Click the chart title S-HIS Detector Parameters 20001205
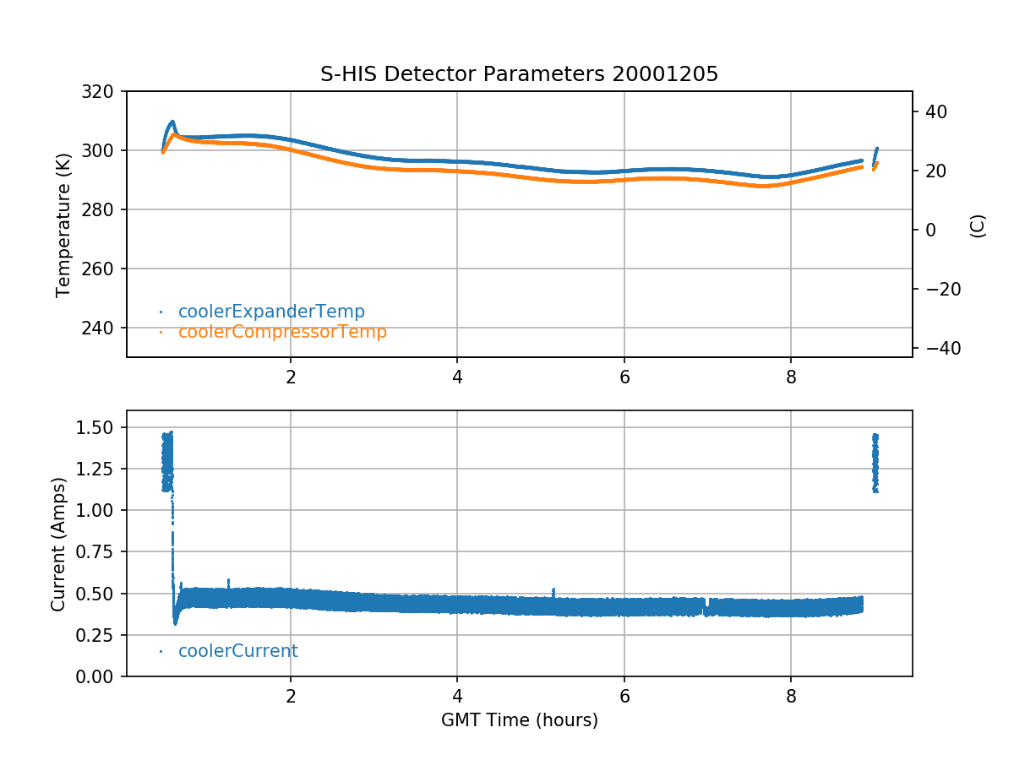point(519,74)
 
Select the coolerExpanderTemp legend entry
point(271,312)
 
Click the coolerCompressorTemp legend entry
point(282,332)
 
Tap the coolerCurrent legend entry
point(237,651)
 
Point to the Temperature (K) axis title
point(63,224)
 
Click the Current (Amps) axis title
point(58,543)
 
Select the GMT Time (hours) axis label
point(519,720)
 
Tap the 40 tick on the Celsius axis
point(938,111)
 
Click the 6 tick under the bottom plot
point(624,698)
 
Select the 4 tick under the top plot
point(457,377)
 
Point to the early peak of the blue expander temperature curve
point(172,122)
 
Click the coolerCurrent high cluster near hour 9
point(875,462)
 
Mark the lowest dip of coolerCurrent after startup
point(175,622)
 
